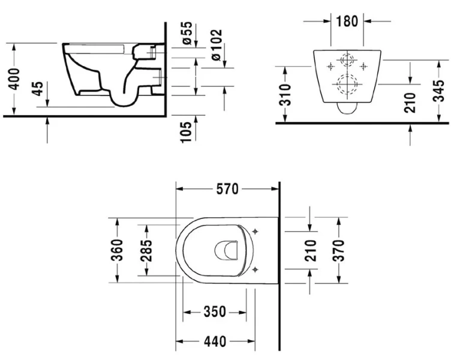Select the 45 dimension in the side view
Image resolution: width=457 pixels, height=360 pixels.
pos(37,89)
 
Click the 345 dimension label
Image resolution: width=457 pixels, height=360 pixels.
pos(440,91)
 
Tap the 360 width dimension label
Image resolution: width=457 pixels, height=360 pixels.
pos(117,250)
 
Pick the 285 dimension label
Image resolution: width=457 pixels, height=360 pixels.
pos(145,250)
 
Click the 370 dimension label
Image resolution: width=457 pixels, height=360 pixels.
pos(339,248)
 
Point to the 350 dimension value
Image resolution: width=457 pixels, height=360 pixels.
pos(214,312)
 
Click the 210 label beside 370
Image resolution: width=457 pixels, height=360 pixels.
pos(310,250)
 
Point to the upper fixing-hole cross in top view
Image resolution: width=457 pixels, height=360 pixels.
pos(255,231)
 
